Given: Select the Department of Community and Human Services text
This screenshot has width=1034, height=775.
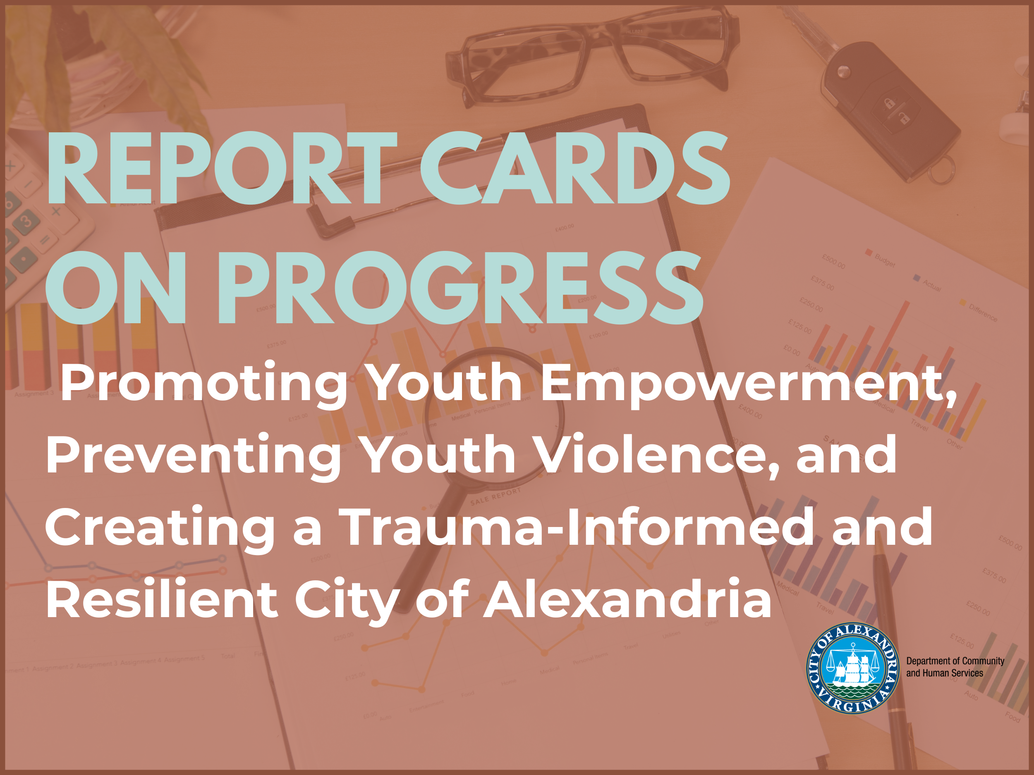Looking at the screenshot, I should coord(955,667).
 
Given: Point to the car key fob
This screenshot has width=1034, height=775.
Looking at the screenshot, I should coord(886,110).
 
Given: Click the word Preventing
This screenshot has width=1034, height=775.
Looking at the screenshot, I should coord(194,455).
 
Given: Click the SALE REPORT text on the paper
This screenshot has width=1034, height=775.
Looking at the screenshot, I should coord(495,496).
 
